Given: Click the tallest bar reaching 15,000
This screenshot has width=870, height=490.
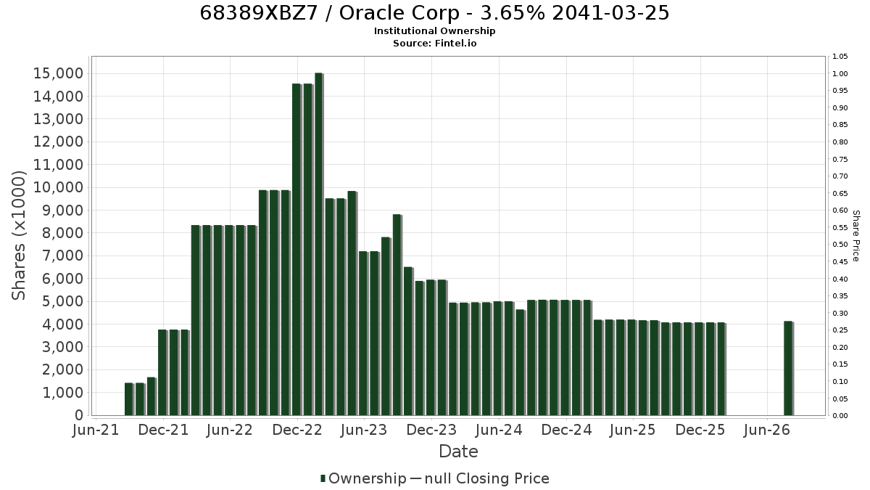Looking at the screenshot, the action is [319, 244].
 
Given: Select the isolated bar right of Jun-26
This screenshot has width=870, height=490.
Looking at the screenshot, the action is [789, 368].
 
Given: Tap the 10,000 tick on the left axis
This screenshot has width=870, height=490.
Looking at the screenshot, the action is [58, 187].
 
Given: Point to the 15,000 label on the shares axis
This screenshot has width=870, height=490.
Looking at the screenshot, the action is [58, 73].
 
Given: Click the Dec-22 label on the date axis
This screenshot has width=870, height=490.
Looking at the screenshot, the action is [297, 430].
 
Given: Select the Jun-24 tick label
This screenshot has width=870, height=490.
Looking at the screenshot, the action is [499, 430].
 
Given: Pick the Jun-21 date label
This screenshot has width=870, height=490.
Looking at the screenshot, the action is [96, 430].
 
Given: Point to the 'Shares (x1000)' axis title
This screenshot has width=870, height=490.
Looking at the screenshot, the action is [18, 236].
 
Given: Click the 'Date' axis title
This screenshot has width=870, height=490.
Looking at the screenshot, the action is [458, 452].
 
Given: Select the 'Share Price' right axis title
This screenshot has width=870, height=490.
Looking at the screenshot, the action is [856, 236].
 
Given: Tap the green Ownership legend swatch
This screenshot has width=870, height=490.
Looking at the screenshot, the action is [323, 478].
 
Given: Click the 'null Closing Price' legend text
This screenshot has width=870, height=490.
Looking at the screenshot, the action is [487, 478].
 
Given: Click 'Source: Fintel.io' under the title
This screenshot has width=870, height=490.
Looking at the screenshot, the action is [434, 43].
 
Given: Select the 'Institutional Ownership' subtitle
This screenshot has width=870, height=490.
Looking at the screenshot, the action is [434, 31].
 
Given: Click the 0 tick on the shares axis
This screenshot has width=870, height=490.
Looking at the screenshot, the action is [79, 415].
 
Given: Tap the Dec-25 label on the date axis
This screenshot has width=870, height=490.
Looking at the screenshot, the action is [700, 430].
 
